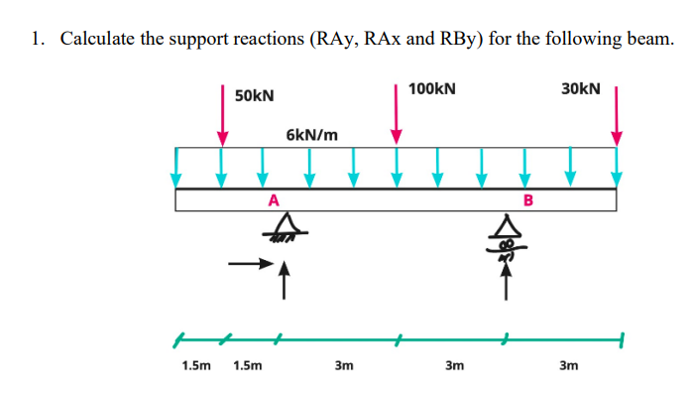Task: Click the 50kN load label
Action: pyautogui.click(x=255, y=96)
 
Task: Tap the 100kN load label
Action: pyautogui.click(x=431, y=88)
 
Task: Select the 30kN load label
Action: pyautogui.click(x=580, y=88)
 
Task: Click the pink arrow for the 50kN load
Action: pyautogui.click(x=222, y=114)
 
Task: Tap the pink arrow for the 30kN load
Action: pyautogui.click(x=618, y=114)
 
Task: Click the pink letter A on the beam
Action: pyautogui.click(x=274, y=200)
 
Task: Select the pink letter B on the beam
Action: pyautogui.click(x=527, y=200)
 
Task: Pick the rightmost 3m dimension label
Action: pyautogui.click(x=568, y=365)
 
